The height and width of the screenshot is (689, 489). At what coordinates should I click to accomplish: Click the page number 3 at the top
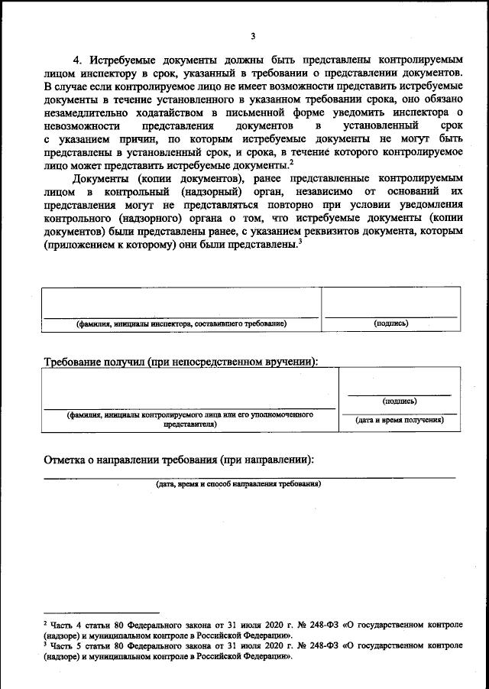[252, 37]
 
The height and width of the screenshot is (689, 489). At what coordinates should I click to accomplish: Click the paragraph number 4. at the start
[77, 60]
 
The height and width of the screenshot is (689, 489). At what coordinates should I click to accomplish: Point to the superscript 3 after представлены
[301, 242]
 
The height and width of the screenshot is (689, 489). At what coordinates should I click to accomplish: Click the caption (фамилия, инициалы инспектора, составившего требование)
[181, 324]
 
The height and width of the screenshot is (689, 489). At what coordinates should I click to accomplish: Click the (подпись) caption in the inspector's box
[390, 323]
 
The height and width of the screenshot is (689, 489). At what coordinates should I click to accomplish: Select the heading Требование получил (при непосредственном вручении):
[181, 361]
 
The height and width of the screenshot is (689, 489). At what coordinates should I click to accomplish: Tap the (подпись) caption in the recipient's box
[399, 400]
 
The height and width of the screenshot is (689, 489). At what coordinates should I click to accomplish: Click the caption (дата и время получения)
[399, 420]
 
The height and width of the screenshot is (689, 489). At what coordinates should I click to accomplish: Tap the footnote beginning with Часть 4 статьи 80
[252, 629]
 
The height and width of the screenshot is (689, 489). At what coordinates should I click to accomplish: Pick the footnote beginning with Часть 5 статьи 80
[252, 652]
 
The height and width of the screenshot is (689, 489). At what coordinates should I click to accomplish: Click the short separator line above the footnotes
[101, 612]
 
